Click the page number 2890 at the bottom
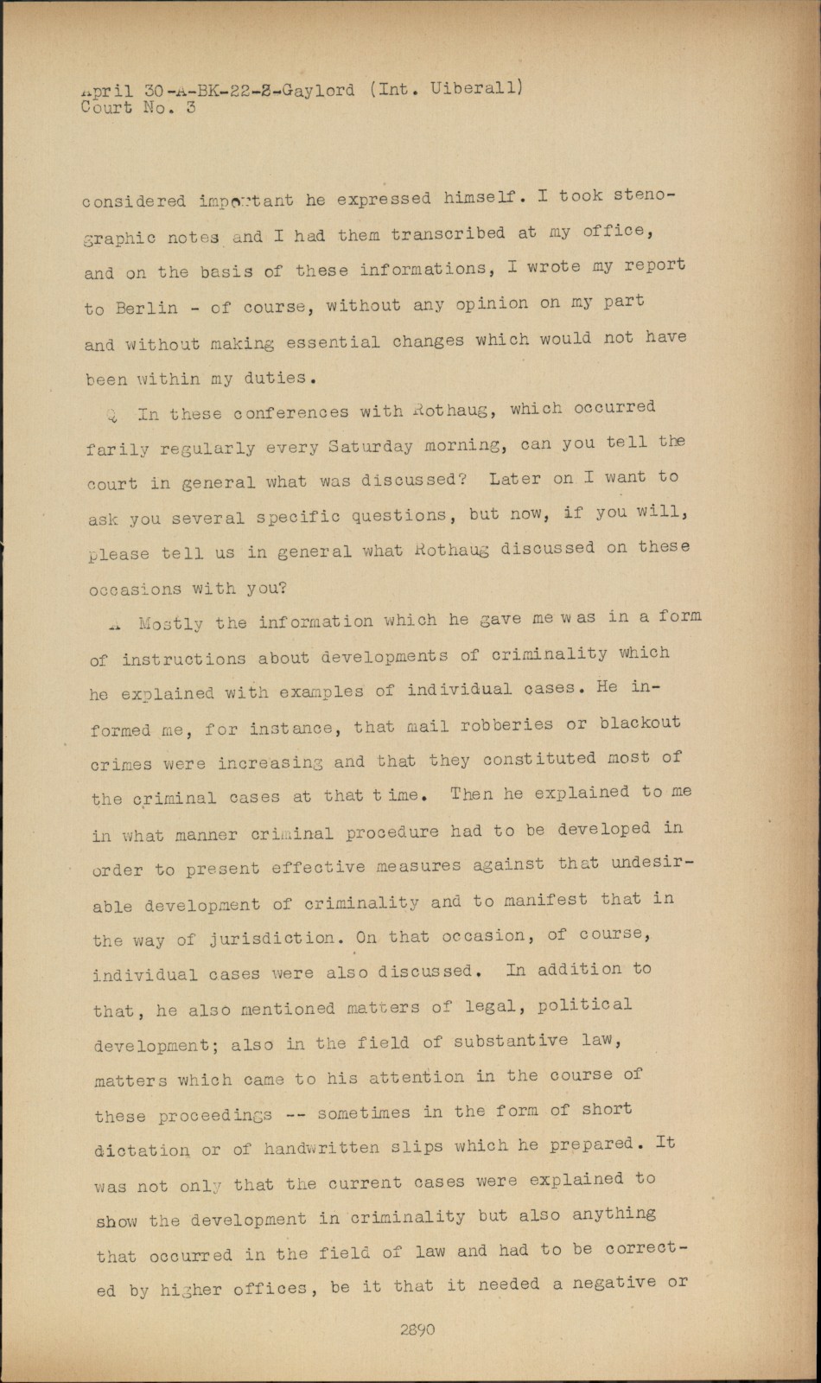pyautogui.click(x=417, y=1329)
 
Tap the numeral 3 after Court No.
pyautogui.click(x=190, y=107)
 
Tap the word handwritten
pyautogui.click(x=311, y=1148)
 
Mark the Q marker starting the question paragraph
pyautogui.click(x=112, y=414)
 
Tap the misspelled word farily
pyautogui.click(x=117, y=449)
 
